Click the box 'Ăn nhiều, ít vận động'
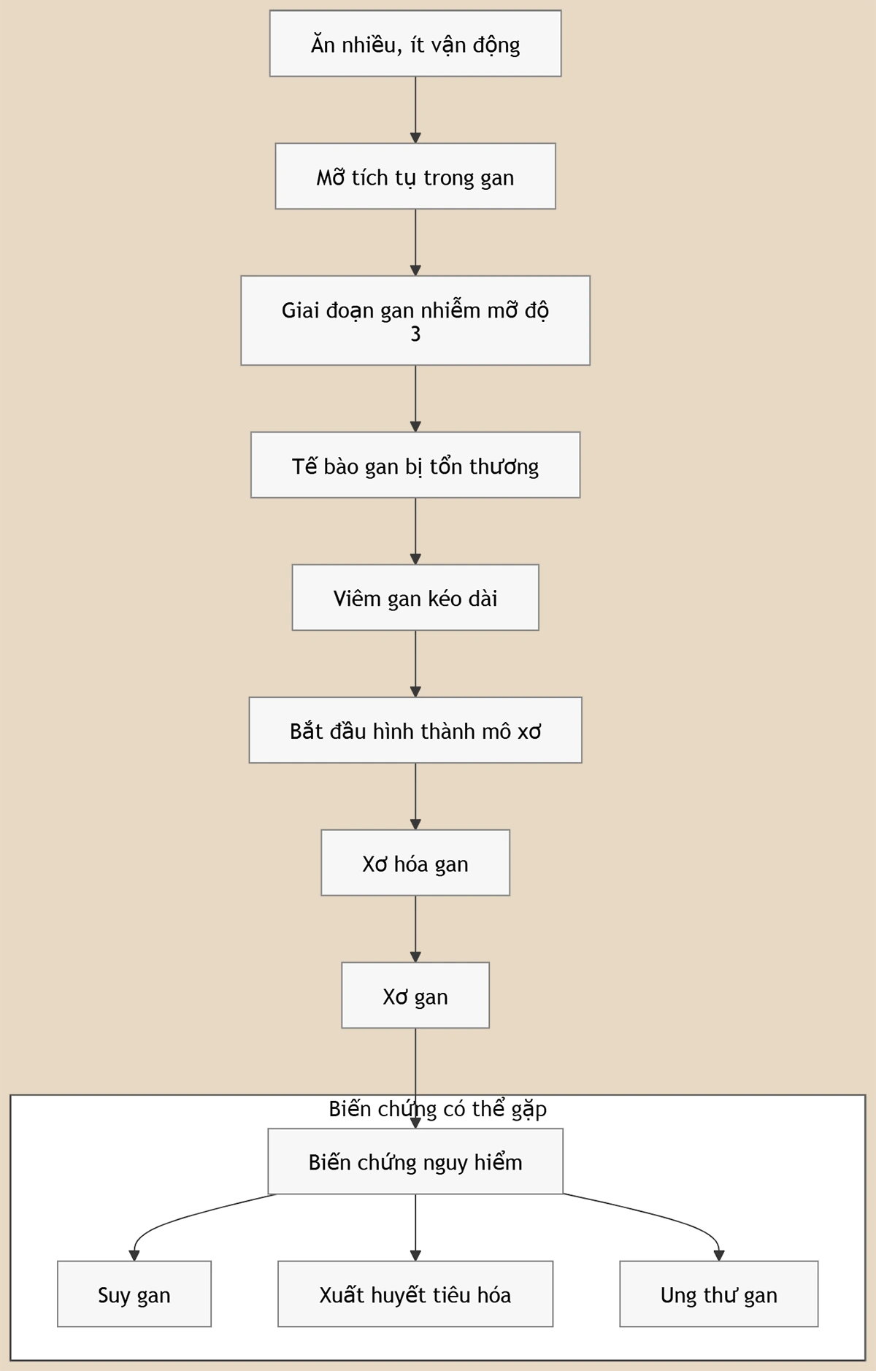click(x=415, y=43)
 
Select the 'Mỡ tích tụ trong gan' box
click(x=415, y=176)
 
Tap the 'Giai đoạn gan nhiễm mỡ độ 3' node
click(x=415, y=320)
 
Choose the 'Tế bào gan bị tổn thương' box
click(x=415, y=465)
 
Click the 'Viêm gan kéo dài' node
click(x=415, y=597)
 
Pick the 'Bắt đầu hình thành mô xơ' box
click(x=415, y=730)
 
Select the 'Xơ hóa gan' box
click(x=415, y=863)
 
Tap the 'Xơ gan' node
click(x=415, y=995)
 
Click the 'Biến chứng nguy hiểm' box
click(x=415, y=1161)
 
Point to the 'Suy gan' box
click(x=134, y=1294)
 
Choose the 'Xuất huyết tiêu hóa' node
click(x=415, y=1294)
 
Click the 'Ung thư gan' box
click(x=719, y=1294)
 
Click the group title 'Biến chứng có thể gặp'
click(x=437, y=1109)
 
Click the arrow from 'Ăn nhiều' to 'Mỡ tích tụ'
click(x=415, y=110)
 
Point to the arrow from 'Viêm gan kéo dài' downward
click(x=415, y=664)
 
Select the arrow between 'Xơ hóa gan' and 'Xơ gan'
click(x=415, y=929)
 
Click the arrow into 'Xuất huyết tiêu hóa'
click(x=415, y=1227)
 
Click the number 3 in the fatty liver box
click(x=415, y=334)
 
